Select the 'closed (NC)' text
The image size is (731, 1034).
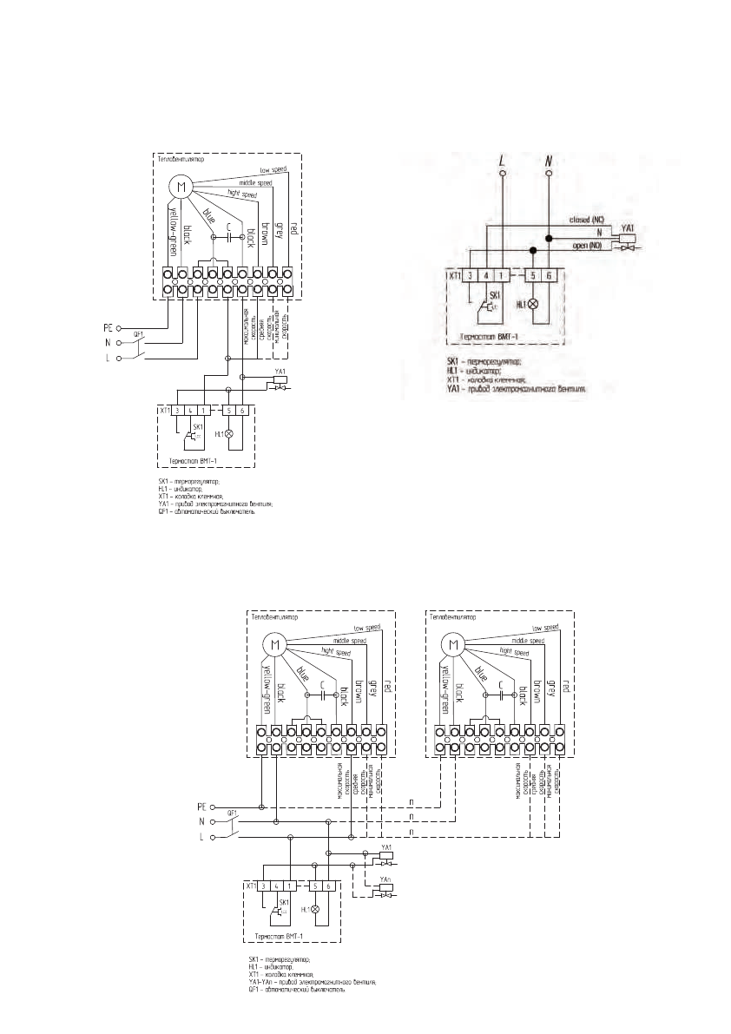click(587, 220)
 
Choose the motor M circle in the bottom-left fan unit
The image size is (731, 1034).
click(274, 644)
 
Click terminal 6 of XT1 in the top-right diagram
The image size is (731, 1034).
click(548, 275)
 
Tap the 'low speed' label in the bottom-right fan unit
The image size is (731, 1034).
click(545, 627)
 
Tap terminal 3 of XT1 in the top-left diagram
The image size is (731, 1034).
click(176, 409)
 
